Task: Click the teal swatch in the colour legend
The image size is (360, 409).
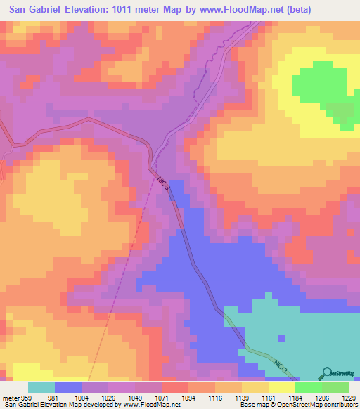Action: pyautogui.click(x=41, y=387)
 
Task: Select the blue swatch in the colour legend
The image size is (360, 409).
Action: pyautogui.click(x=68, y=387)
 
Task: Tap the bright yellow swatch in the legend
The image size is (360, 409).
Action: pyautogui.click(x=282, y=387)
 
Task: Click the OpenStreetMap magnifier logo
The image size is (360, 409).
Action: pyautogui.click(x=326, y=372)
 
